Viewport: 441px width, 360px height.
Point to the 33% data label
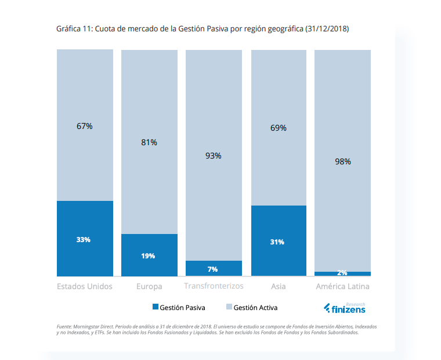click(x=84, y=240)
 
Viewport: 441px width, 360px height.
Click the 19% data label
click(x=148, y=255)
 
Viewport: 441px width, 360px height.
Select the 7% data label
click(x=212, y=269)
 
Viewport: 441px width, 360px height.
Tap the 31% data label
click(x=277, y=242)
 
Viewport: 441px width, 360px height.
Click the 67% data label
click(x=85, y=126)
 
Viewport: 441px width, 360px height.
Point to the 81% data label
click(x=149, y=142)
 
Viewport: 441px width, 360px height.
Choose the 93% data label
click(x=214, y=156)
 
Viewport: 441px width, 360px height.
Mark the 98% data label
click(x=343, y=162)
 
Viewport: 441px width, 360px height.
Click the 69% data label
click(x=279, y=128)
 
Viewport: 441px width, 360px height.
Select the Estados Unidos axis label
click(x=85, y=286)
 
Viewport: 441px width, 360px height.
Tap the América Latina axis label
click(x=342, y=286)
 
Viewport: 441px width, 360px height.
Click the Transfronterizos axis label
click(x=214, y=286)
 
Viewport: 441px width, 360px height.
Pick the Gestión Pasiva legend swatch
click(x=156, y=307)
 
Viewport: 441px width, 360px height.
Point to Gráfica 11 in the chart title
click(x=74, y=28)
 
